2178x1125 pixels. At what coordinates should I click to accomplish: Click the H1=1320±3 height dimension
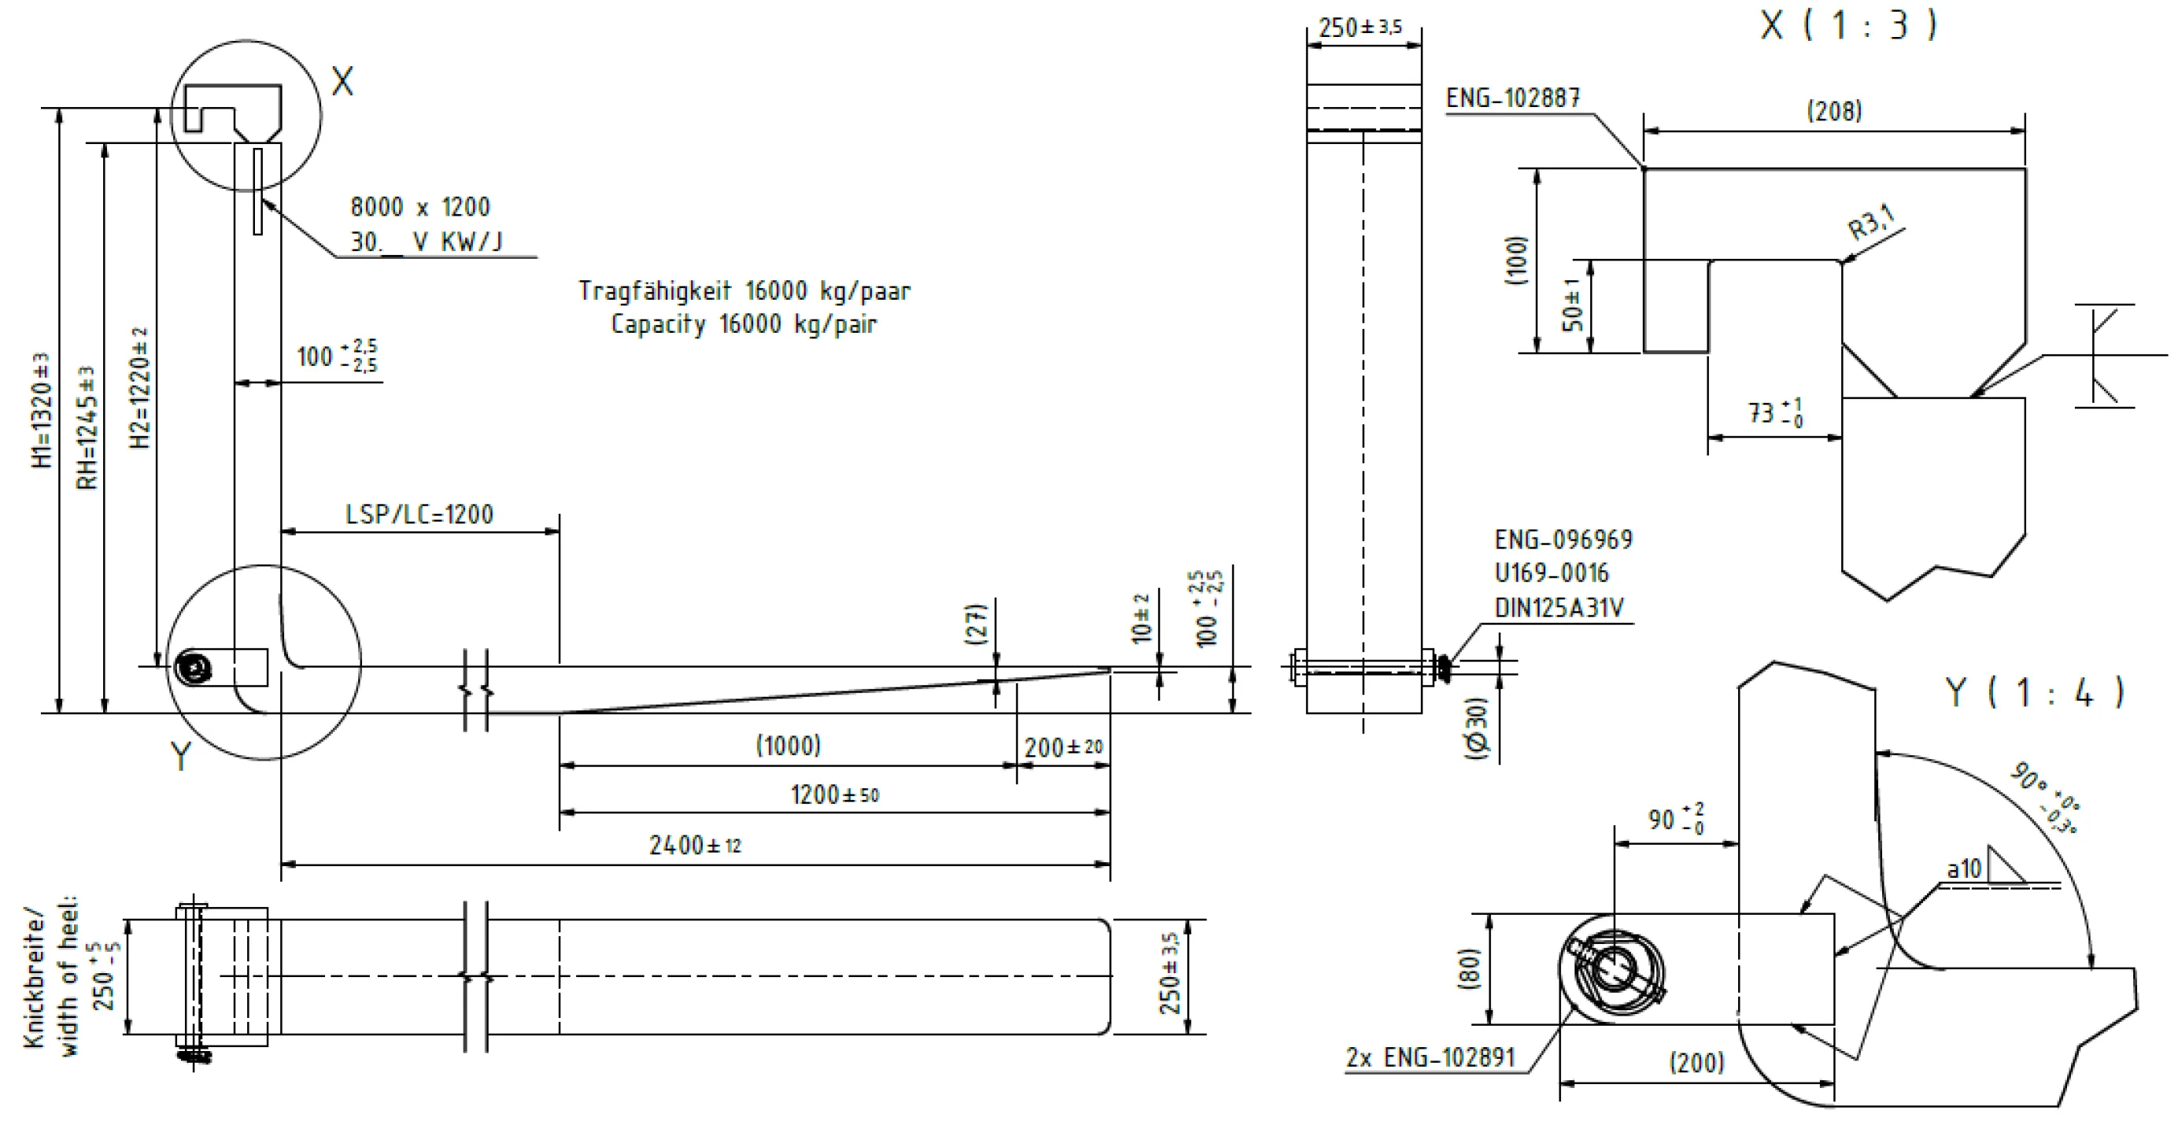[x=42, y=411]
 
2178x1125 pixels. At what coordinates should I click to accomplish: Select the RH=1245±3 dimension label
[x=87, y=428]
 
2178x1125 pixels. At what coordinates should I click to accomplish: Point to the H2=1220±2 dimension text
[x=139, y=388]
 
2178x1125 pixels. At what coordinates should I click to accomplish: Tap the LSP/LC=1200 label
[x=419, y=514]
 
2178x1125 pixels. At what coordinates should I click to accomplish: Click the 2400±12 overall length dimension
[x=695, y=845]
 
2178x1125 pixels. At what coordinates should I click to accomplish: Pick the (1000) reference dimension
[x=788, y=746]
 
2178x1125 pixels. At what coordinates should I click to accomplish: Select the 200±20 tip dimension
[x=1064, y=747]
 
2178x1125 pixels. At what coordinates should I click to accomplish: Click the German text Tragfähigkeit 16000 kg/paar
[x=745, y=291]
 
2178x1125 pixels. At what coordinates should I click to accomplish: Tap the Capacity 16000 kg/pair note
[x=744, y=323]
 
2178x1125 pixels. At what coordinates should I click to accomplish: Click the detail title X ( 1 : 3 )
[x=1848, y=24]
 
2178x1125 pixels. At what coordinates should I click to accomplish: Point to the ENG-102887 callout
[x=1512, y=98]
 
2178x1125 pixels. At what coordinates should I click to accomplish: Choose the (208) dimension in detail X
[x=1834, y=111]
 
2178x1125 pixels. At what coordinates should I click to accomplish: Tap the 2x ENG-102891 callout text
[x=1430, y=1057]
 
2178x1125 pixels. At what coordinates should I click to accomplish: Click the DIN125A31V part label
[x=1559, y=607]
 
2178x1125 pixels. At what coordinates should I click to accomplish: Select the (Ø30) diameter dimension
[x=1476, y=728]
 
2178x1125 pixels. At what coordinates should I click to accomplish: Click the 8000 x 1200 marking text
[x=420, y=207]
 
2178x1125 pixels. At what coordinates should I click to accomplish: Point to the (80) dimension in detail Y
[x=1470, y=968]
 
